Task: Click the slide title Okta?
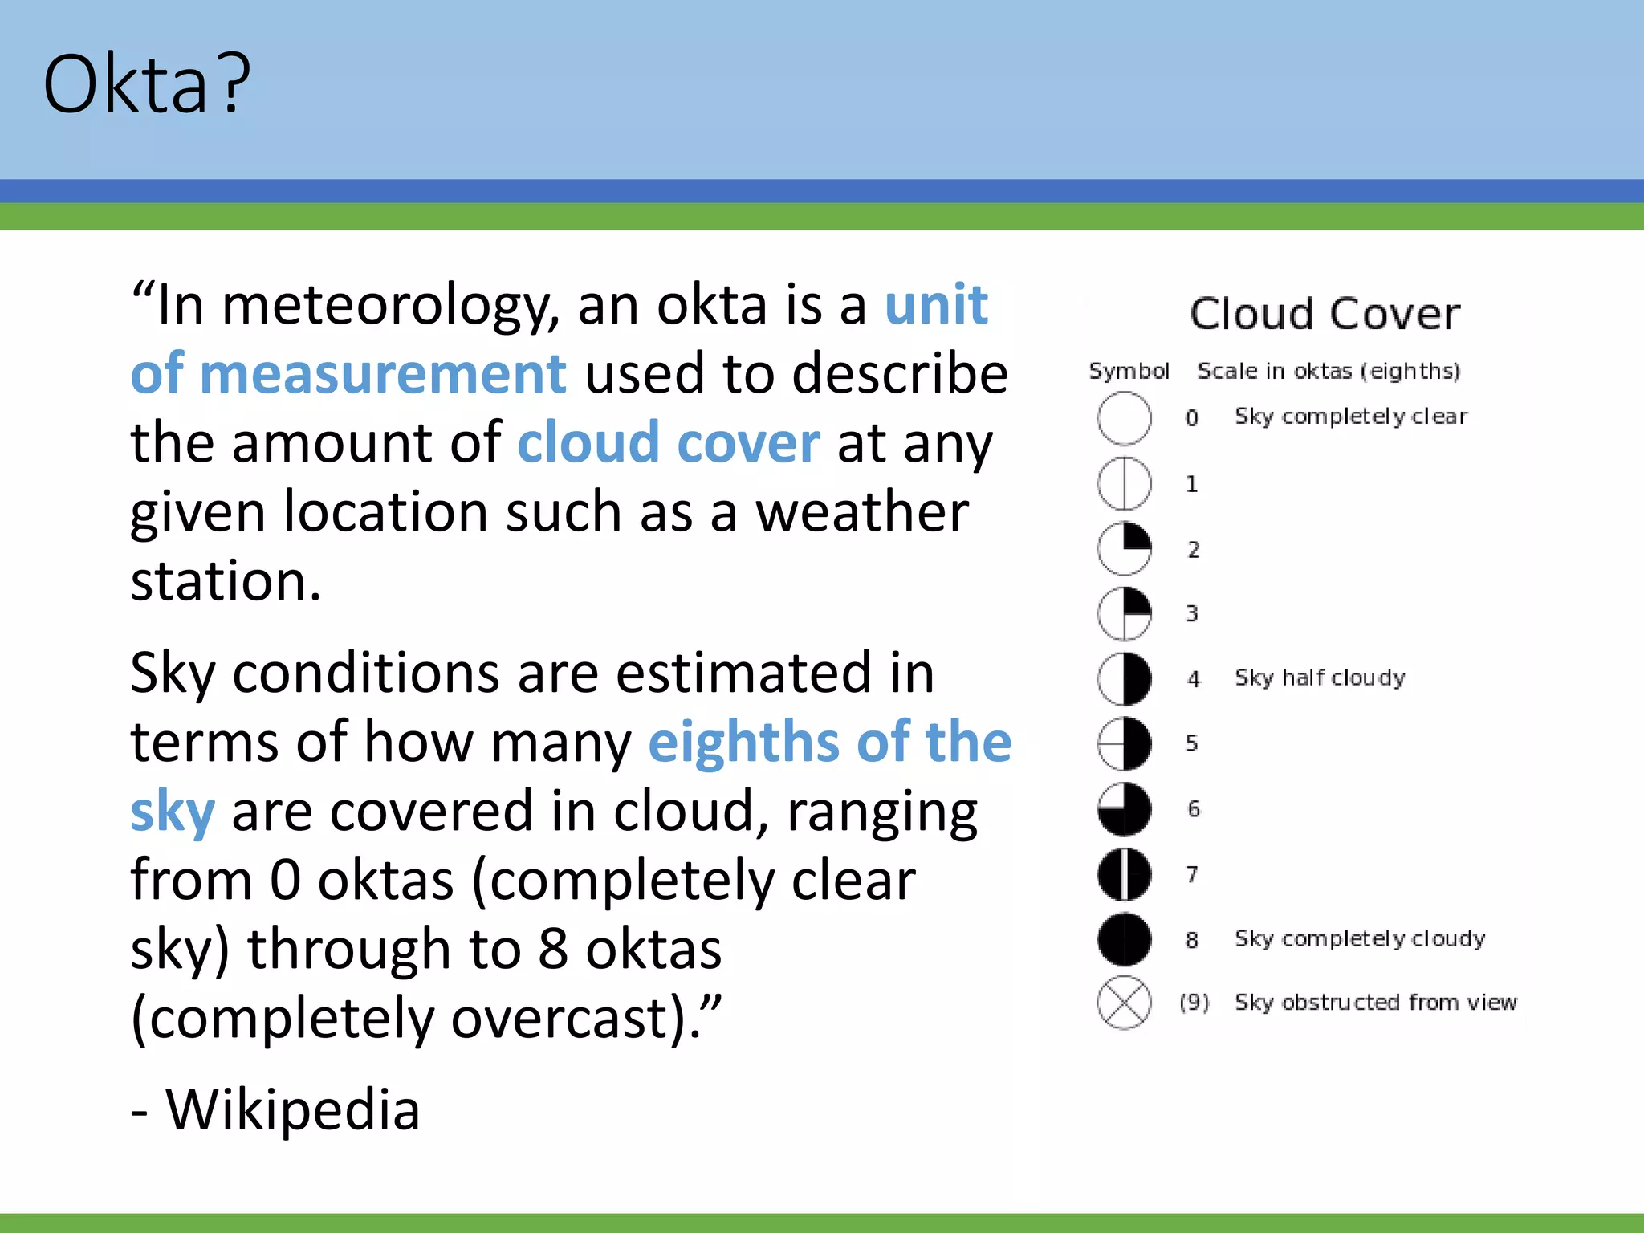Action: coord(147,83)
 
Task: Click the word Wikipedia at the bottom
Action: coord(292,1109)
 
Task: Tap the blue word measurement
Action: coord(383,374)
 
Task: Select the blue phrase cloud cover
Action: coord(668,443)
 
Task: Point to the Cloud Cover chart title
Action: coord(1325,313)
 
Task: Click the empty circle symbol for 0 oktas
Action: coord(1124,418)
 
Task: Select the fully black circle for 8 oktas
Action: coord(1124,939)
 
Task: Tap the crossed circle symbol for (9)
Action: coord(1124,1003)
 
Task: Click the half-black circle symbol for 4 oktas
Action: coord(1124,678)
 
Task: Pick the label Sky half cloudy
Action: coord(1320,678)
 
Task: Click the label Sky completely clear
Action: coord(1350,417)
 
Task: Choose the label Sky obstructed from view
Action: coord(1375,1003)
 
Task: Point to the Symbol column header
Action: coord(1129,371)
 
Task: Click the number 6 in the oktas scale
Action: coord(1194,808)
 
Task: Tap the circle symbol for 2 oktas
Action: coord(1124,549)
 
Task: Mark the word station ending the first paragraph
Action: coord(225,580)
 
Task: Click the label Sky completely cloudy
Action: coord(1359,938)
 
